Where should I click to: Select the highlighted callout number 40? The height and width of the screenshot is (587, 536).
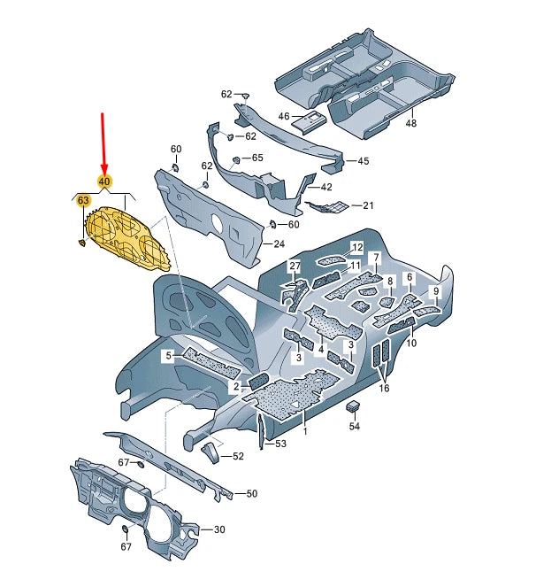tap(104, 182)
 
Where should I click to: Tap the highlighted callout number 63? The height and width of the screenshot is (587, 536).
tap(84, 202)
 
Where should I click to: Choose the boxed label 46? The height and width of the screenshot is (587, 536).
tap(284, 116)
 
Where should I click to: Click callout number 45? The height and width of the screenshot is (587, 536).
tap(363, 161)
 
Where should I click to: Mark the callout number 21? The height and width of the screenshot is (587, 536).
tap(368, 205)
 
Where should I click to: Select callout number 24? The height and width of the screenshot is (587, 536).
tap(279, 243)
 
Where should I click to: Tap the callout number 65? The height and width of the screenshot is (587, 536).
tap(257, 157)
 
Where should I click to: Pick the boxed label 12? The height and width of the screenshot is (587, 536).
tap(357, 247)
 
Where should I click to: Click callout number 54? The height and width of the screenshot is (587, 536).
tap(355, 426)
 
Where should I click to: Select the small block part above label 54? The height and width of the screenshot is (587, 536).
tap(354, 405)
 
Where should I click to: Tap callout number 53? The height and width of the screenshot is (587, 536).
tap(280, 443)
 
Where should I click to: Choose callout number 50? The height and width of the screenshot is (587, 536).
tap(251, 493)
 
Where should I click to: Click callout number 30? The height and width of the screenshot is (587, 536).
tap(219, 529)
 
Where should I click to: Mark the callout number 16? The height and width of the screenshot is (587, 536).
tap(383, 387)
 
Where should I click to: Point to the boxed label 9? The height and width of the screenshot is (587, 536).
tap(435, 291)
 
